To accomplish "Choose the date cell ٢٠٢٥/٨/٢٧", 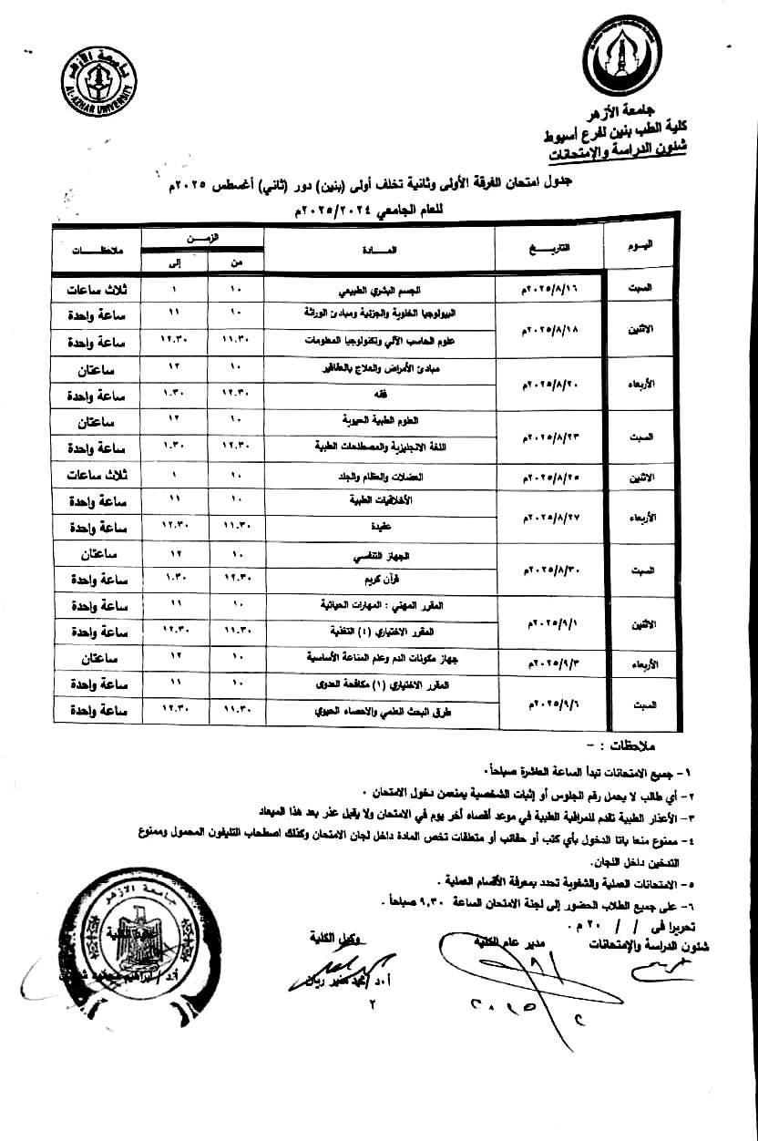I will (x=548, y=515).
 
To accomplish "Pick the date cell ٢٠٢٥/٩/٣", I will (x=548, y=658).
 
